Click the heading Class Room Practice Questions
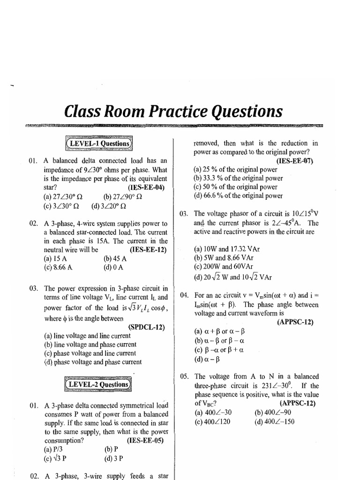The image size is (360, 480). (x=173, y=112)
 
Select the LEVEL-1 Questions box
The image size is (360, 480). (x=98, y=143)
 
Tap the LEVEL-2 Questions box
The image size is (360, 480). (x=98, y=384)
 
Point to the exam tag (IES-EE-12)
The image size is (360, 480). (x=148, y=250)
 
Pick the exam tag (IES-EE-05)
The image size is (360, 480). (x=146, y=441)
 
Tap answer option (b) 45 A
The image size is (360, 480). (x=115, y=258)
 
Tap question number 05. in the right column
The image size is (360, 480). (x=184, y=376)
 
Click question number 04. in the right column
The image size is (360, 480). (x=184, y=295)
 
